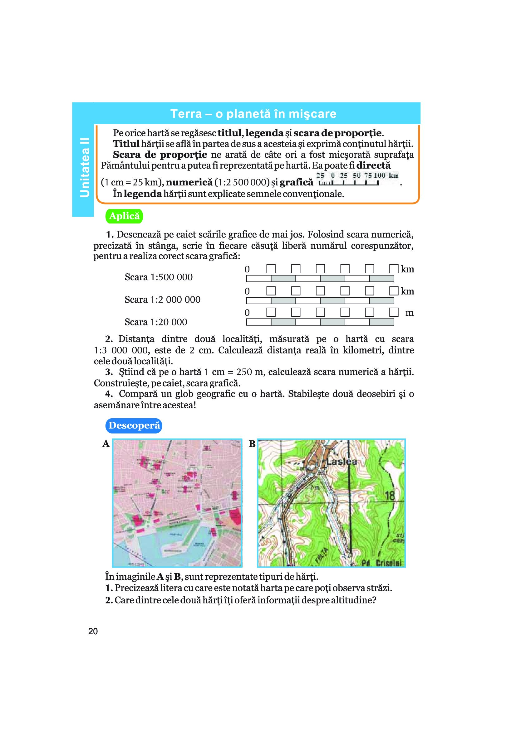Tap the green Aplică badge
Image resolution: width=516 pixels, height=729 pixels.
[x=124, y=216]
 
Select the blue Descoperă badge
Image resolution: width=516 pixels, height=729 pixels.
[x=134, y=425]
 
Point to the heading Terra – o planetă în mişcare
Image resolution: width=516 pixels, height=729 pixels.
[x=253, y=114]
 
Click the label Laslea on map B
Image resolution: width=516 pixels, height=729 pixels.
[x=342, y=462]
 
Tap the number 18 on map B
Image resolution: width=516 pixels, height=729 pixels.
[x=390, y=496]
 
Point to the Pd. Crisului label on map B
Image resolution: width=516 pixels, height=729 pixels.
[x=382, y=563]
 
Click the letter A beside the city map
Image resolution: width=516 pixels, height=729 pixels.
[x=106, y=444]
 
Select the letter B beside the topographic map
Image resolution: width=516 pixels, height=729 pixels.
[x=252, y=444]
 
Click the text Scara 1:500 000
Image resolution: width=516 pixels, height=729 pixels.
[x=158, y=277]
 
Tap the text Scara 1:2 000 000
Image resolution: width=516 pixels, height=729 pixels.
[x=162, y=300]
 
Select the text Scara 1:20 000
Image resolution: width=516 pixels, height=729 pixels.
[x=156, y=322]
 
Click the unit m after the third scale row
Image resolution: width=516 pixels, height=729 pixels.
[x=409, y=313]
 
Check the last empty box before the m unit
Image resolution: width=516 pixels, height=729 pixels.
[x=394, y=312]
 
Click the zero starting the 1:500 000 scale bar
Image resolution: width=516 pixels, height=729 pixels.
[x=247, y=269]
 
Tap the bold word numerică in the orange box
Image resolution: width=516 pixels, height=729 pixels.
[x=189, y=183]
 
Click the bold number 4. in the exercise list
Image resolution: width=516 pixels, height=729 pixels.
[x=109, y=394]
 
